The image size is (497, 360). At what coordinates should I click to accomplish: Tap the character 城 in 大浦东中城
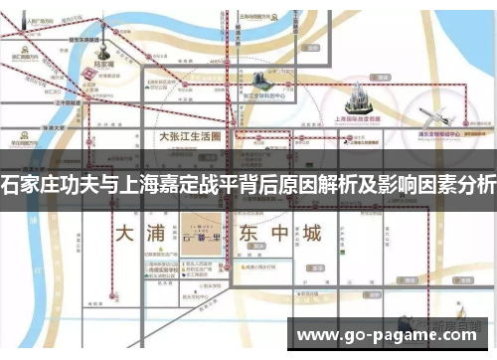coord(312,236)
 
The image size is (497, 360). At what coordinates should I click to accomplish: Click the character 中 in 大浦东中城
coord(279,236)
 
